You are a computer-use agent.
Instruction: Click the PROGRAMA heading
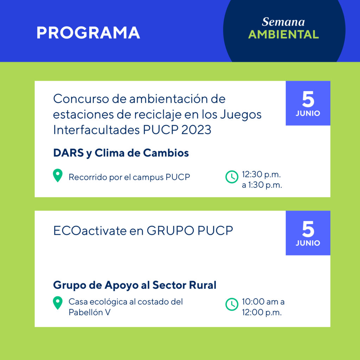pos(88,33)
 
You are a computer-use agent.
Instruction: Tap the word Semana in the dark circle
pos(283,22)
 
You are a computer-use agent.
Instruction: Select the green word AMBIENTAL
pos(284,34)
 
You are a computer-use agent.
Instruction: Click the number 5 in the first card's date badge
pos(308,99)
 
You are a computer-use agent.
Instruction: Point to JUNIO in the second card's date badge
pos(308,243)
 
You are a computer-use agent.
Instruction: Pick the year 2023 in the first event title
pos(196,130)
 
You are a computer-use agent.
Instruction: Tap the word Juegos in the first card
pos(241,115)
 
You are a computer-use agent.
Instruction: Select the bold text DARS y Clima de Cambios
pos(121,153)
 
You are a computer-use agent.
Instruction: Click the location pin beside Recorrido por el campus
pos(58,175)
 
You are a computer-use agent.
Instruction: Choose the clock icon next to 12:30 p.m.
pos(232,177)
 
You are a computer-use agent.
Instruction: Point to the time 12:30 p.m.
pos(261,174)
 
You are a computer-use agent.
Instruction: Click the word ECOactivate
pos(90,231)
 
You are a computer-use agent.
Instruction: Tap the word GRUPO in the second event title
pos(171,231)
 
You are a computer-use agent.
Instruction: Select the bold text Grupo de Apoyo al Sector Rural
pos(135,285)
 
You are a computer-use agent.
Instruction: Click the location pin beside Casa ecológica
pos(58,303)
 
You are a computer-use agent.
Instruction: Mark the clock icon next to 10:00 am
pos(232,304)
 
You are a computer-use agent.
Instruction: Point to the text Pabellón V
pos(90,312)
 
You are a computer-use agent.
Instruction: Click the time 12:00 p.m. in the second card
pos(262,313)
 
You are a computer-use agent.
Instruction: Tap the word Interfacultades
pos(96,130)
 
